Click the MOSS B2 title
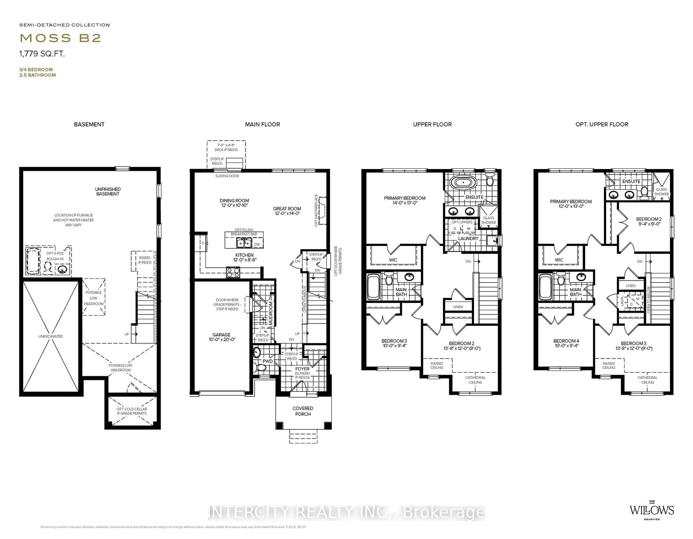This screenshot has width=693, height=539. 60,38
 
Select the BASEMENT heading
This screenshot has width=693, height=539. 89,124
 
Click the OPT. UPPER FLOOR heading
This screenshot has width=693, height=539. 602,124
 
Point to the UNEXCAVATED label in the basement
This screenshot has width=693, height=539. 51,336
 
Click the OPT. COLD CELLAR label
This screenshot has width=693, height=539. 132,411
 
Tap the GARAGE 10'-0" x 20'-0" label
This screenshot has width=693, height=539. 221,337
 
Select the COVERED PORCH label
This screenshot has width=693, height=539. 303,411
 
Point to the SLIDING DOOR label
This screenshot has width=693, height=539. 227,176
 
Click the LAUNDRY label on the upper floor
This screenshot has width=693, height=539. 468,238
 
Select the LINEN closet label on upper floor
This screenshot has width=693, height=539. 458,307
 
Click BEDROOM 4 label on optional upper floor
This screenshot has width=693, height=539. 566,343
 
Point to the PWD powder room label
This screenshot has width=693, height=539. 267,361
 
